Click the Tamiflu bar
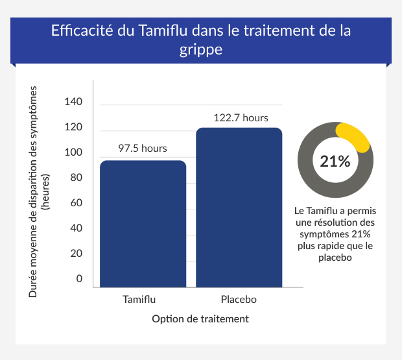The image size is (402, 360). (143, 224)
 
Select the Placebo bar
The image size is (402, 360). (239, 208)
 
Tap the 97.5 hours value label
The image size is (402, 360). (143, 149)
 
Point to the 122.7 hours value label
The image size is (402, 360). (241, 117)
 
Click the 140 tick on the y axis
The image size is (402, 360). (74, 102)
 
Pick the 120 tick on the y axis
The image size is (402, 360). (74, 128)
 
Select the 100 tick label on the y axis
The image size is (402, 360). (74, 152)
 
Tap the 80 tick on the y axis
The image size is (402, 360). (77, 178)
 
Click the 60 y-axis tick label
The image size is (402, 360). (77, 203)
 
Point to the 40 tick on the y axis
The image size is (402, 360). (77, 228)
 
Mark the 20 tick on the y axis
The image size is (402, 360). (77, 254)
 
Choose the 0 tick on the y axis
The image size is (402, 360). (80, 279)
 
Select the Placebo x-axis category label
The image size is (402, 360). (239, 300)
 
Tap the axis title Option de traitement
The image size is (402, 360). (200, 319)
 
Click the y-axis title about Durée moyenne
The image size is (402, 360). (39, 192)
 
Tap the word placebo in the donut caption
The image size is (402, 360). (335, 258)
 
